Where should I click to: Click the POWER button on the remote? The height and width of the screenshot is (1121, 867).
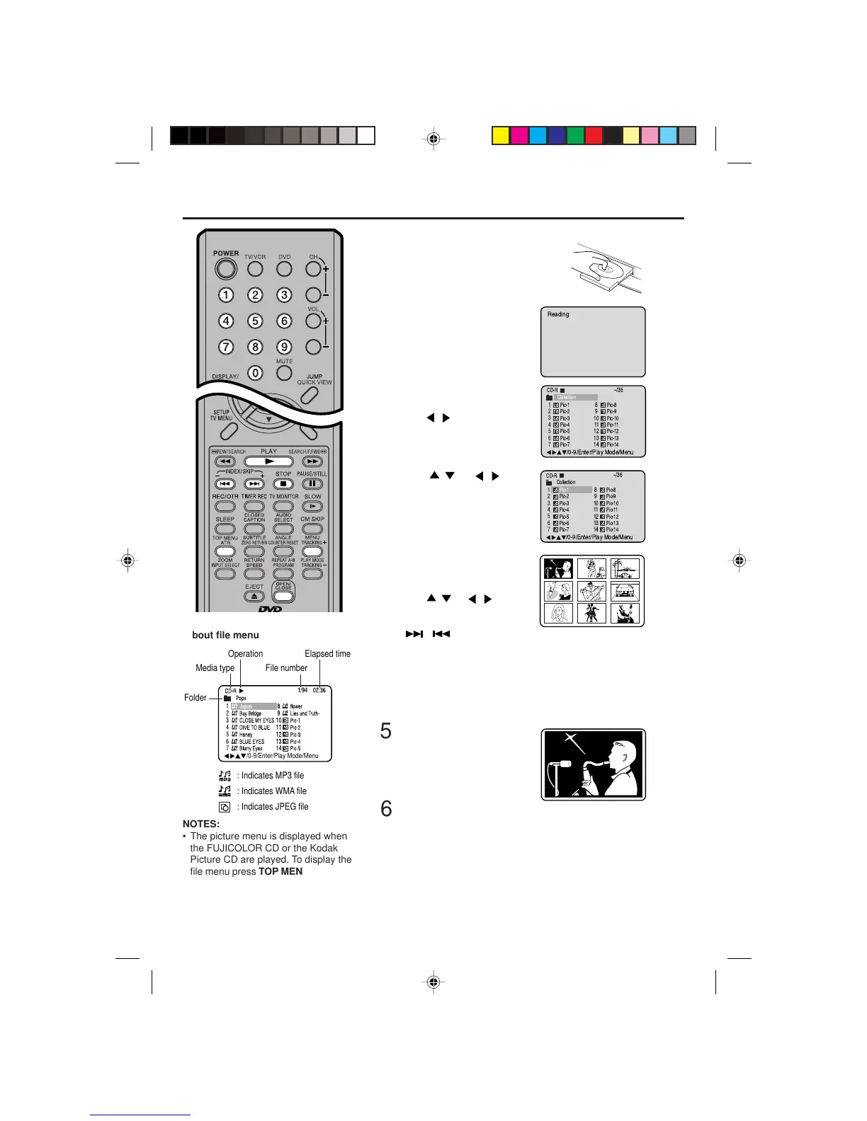pyautogui.click(x=225, y=269)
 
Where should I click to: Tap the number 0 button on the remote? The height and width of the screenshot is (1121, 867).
pyautogui.click(x=255, y=373)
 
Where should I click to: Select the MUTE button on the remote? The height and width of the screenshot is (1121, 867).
pyautogui.click(x=284, y=373)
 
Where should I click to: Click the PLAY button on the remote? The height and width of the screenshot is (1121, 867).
pyautogui.click(x=268, y=461)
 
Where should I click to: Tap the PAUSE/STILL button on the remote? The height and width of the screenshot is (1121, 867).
pyautogui.click(x=312, y=484)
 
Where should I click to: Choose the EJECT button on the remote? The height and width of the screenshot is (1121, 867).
pyautogui.click(x=254, y=597)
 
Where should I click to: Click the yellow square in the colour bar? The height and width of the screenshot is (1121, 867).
pyautogui.click(x=501, y=136)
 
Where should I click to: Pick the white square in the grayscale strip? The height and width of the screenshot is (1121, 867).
pyautogui.click(x=365, y=136)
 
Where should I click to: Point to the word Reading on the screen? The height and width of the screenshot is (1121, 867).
pyautogui.click(x=558, y=314)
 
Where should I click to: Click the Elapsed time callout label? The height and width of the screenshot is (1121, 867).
pyautogui.click(x=327, y=654)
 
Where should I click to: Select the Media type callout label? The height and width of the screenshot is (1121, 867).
pyautogui.click(x=215, y=668)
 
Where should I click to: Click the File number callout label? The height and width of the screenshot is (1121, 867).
pyautogui.click(x=286, y=668)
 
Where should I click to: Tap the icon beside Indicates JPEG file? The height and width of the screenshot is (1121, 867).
pyautogui.click(x=225, y=807)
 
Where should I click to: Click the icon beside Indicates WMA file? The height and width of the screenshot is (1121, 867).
pyautogui.click(x=225, y=791)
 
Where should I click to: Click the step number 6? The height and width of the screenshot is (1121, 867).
pyautogui.click(x=386, y=809)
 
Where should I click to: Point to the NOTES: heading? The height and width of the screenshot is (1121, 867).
pyautogui.click(x=201, y=824)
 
